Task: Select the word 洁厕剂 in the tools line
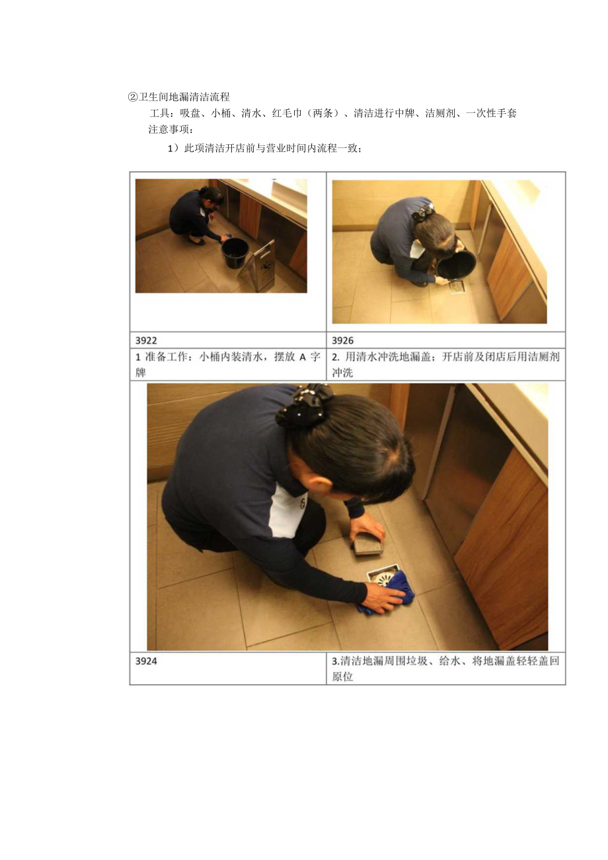tap(439, 113)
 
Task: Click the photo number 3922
tap(147, 340)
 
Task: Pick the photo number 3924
tap(147, 660)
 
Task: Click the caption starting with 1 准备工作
tap(227, 364)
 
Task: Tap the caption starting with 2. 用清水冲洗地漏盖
tap(445, 364)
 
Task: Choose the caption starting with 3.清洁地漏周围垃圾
tap(445, 668)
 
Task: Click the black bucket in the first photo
tap(235, 253)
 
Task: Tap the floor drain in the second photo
tap(459, 288)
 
